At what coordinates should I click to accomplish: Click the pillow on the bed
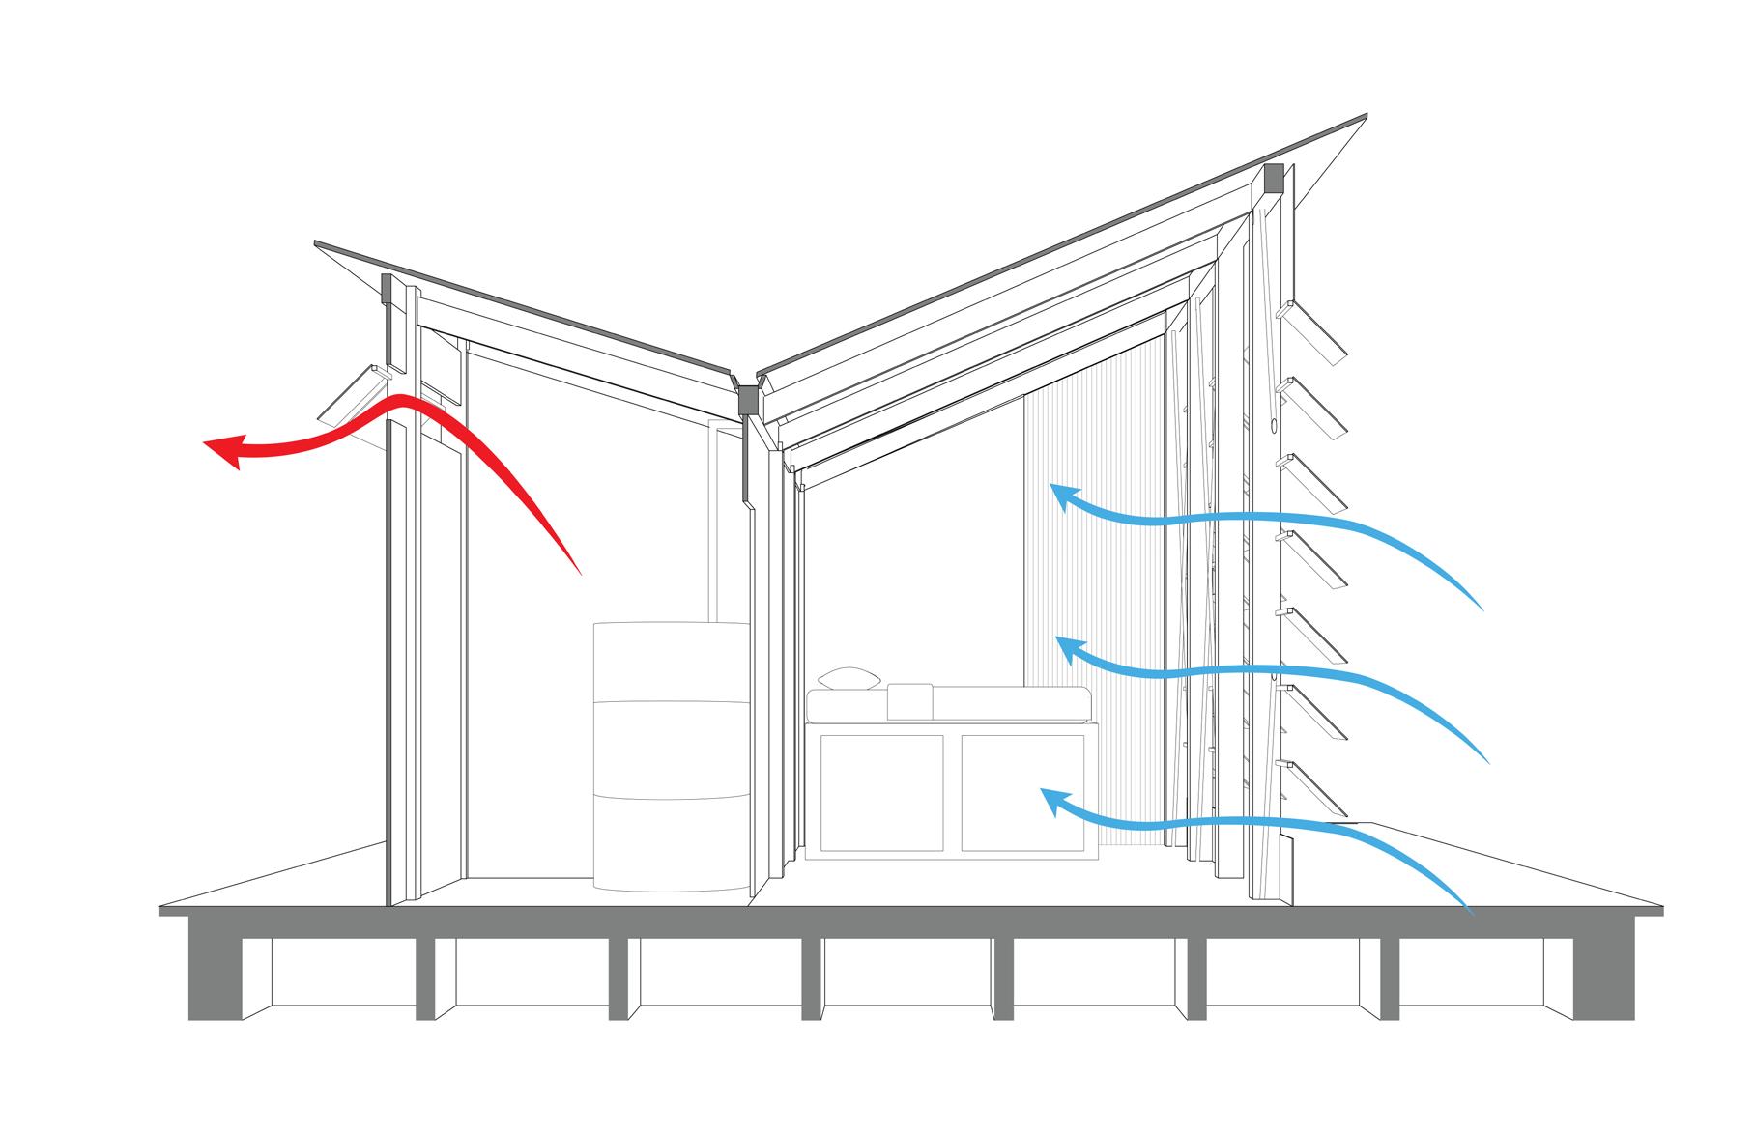point(847,677)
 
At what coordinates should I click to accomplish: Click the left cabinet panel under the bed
point(880,792)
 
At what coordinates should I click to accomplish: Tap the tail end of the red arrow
point(577,570)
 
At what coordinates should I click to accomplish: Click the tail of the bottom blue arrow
point(1467,908)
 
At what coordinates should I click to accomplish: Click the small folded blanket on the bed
point(908,699)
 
